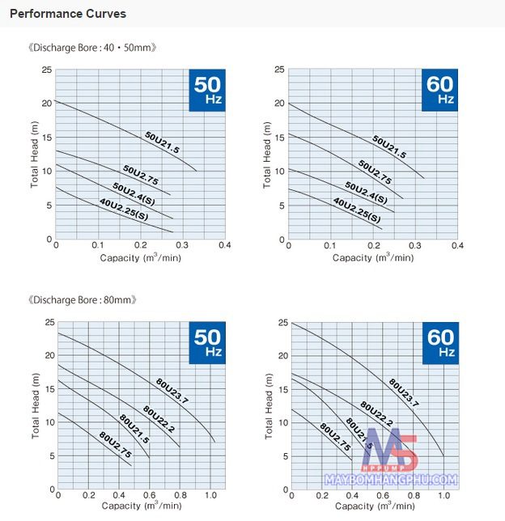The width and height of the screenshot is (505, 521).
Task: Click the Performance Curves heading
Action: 67,15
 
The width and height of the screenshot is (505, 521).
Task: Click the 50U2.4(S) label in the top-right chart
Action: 365,193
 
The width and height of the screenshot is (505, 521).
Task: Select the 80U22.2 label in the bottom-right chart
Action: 376,413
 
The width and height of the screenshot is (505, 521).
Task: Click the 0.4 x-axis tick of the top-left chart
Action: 225,245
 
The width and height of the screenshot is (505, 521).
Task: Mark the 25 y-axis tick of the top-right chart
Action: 279,70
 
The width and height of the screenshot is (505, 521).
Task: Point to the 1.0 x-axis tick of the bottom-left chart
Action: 211,494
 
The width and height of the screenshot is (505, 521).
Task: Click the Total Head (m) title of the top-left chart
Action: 35,154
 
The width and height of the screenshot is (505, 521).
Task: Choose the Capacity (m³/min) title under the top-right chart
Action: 373,257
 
